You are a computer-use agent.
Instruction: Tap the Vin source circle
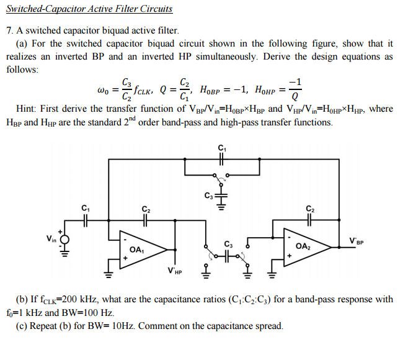63,238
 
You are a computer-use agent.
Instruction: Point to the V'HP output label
175,271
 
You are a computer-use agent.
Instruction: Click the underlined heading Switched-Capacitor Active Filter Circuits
89,9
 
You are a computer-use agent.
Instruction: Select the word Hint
25,109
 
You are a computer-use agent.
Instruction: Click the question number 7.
9,30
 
